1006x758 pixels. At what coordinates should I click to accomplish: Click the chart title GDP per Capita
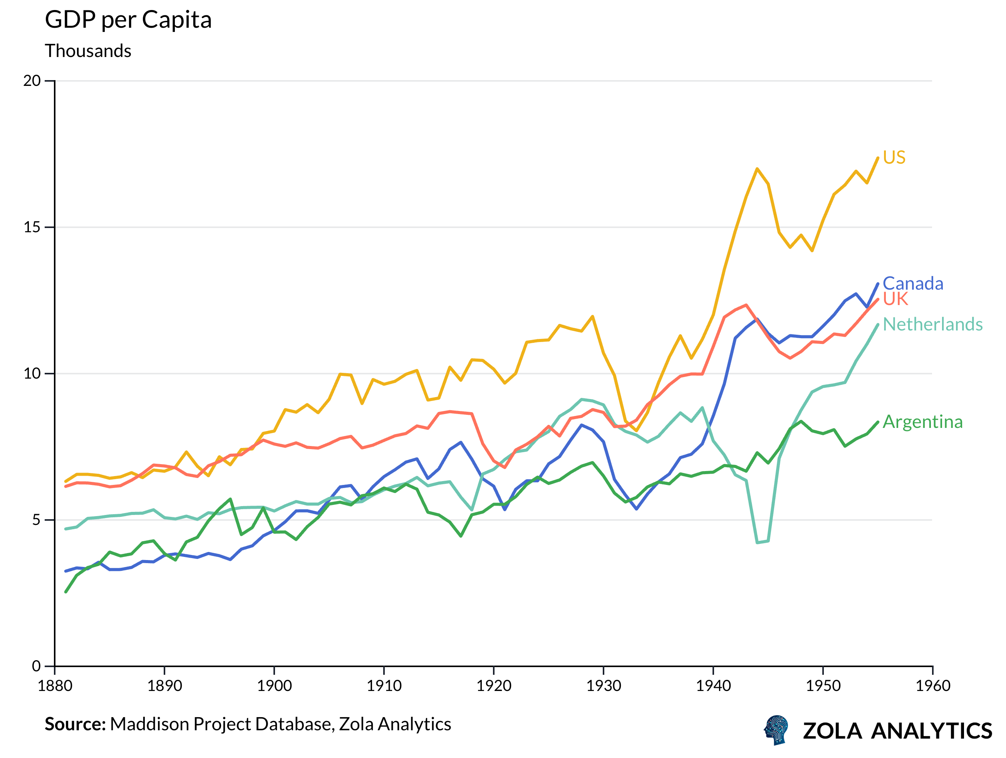128,20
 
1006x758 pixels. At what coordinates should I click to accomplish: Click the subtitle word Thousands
88,51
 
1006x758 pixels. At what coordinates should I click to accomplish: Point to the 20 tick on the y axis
32,81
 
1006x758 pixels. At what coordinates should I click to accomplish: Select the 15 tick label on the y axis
32,227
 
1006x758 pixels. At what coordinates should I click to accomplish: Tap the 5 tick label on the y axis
36,520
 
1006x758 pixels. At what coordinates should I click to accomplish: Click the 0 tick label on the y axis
36,666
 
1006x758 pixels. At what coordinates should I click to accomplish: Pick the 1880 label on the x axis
55,686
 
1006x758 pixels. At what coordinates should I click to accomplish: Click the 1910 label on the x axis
384,686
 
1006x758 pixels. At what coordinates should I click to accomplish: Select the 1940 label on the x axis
713,686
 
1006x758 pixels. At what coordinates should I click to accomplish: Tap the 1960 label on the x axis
933,686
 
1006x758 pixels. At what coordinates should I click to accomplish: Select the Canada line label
912,283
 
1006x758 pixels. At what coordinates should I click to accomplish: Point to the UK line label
895,299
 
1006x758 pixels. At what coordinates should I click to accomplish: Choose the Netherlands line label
932,324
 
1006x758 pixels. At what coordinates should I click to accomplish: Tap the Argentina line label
922,422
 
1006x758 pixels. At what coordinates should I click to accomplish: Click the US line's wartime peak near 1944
757,169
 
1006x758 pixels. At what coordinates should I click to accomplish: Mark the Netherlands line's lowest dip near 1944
758,542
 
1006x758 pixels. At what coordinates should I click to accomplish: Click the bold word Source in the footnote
75,724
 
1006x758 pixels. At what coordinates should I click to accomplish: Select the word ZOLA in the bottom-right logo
832,731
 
